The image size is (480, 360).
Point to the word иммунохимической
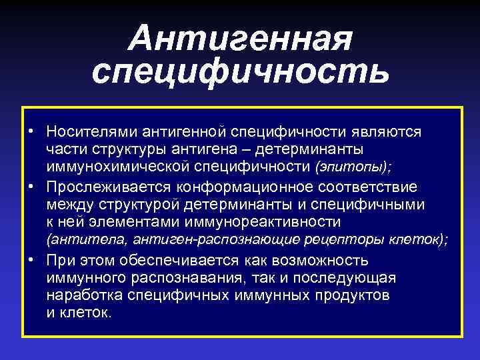[114, 163]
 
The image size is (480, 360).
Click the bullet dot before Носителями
[31, 131]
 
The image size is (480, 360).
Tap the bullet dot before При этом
[31, 261]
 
